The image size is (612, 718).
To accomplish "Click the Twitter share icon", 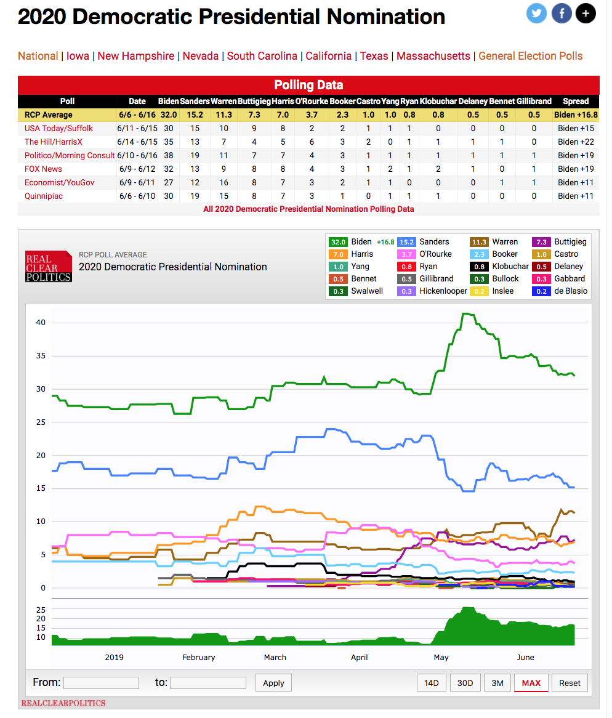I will tap(536, 14).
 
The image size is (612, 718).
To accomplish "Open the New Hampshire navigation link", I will tap(135, 56).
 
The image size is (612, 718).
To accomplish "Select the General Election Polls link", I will tap(530, 56).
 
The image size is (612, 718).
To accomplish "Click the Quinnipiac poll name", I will tap(44, 196).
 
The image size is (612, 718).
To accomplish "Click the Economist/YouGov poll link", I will tap(59, 182).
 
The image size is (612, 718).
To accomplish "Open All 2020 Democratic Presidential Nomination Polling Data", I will tap(308, 209).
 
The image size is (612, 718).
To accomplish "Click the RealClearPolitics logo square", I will tap(49, 266).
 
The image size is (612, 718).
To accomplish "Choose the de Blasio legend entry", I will tap(560, 291).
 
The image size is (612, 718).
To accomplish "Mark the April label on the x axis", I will tap(359, 657).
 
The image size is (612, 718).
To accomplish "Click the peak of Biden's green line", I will tap(466, 313).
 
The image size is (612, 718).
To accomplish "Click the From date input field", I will tap(101, 683).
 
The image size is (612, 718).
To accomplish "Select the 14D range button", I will tap(432, 683).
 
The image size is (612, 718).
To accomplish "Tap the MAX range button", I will tap(531, 683).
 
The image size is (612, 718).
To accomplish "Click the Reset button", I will tap(570, 683).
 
